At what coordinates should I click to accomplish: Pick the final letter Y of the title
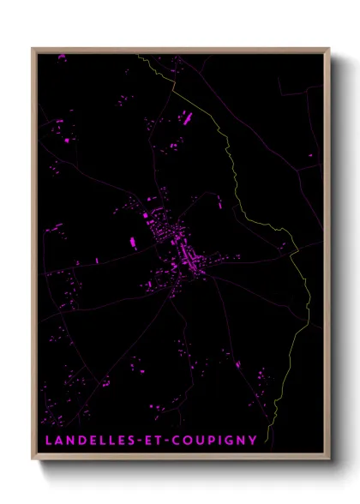pyautogui.click(x=253, y=441)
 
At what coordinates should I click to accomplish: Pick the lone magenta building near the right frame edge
pyautogui.click(x=310, y=155)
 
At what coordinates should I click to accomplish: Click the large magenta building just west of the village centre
pyautogui.click(x=134, y=241)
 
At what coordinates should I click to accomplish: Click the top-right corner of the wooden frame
pyautogui.click(x=329, y=49)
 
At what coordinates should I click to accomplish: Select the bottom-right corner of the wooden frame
pyautogui.click(x=329, y=459)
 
